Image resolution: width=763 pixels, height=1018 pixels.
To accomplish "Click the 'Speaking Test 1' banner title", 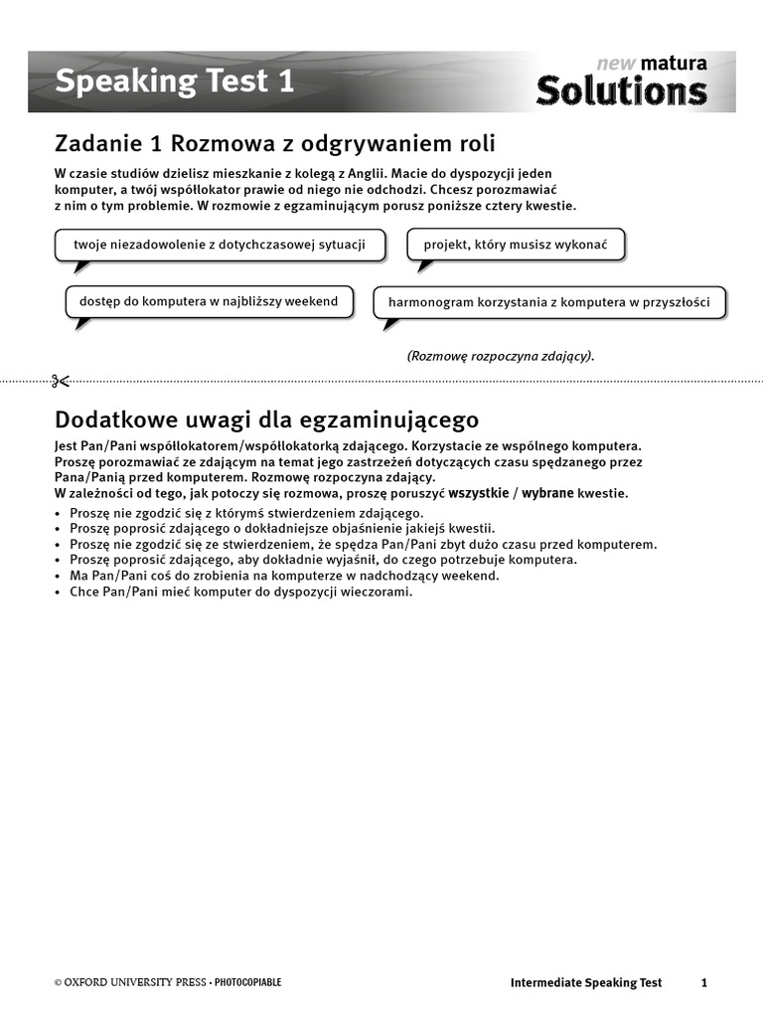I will click(174, 82).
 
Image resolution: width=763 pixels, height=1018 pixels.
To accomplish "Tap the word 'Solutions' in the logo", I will click(622, 91).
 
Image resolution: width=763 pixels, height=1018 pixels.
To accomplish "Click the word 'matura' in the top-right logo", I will click(674, 64).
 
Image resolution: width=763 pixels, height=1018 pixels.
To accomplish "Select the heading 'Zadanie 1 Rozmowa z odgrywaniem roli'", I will click(275, 143).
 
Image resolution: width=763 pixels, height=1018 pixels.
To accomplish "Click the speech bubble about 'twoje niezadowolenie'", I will click(220, 244).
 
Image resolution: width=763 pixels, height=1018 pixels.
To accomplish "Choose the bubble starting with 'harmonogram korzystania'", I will click(548, 302).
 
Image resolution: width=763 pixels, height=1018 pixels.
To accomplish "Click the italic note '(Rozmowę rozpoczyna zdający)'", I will click(501, 356).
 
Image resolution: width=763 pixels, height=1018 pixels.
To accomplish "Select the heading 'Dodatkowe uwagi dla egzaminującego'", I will click(266, 418).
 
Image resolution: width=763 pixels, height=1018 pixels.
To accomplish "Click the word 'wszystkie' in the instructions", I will click(478, 493).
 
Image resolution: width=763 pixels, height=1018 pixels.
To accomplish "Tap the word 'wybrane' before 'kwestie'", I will click(547, 493).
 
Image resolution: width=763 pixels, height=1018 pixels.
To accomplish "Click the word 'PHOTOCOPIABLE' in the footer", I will click(248, 982).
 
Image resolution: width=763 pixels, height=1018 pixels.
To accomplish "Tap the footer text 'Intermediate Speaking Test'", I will click(585, 982).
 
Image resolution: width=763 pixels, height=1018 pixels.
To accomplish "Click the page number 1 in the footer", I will click(704, 982).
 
